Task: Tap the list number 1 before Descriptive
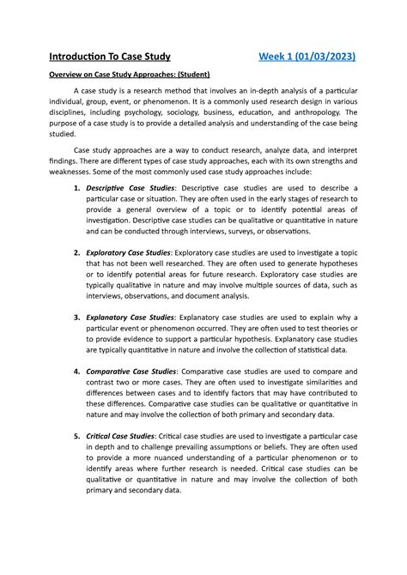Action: tap(77, 187)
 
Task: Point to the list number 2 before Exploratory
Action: tap(77, 253)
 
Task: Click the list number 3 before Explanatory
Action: tap(77, 317)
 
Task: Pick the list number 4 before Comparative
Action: tap(77, 372)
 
